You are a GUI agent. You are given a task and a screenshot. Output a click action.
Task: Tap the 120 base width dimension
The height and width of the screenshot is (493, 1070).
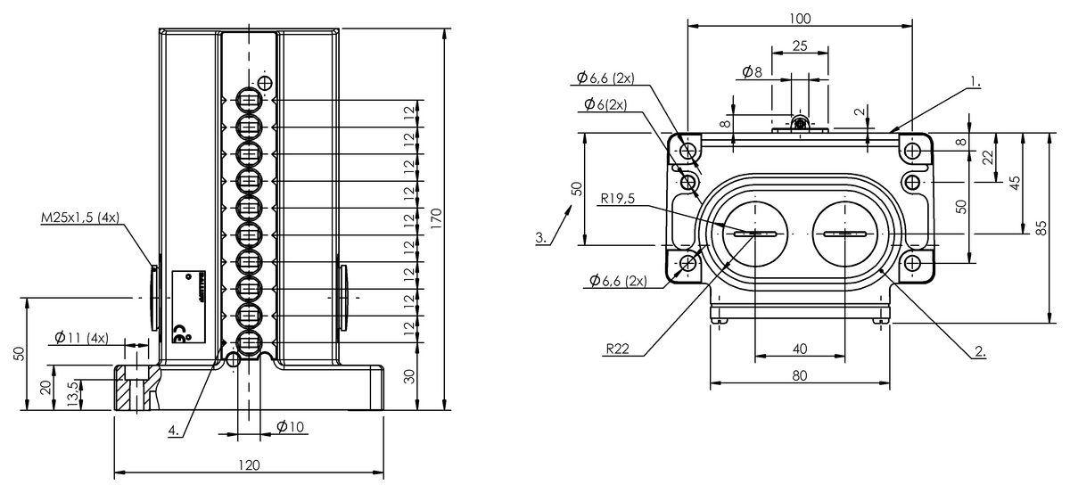point(250,464)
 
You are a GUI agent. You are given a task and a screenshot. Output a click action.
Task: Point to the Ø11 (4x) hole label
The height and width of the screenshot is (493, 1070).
point(81,338)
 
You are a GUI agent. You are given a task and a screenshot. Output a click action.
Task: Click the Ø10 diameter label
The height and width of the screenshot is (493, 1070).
point(291,426)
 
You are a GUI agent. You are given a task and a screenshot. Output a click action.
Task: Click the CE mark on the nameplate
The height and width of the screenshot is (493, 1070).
point(179,335)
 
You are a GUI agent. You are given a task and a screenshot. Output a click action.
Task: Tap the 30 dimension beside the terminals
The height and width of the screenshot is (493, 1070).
point(410,376)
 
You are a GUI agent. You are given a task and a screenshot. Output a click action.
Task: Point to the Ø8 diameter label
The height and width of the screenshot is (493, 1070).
point(752,72)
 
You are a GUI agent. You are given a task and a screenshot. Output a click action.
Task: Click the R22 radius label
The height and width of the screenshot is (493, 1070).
point(619,349)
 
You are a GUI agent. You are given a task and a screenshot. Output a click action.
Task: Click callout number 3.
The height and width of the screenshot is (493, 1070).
point(540,238)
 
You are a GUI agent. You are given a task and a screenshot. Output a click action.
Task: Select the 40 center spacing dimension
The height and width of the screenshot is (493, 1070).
point(799,349)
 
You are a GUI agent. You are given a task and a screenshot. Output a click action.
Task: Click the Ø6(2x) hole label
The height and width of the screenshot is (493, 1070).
point(605,105)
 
